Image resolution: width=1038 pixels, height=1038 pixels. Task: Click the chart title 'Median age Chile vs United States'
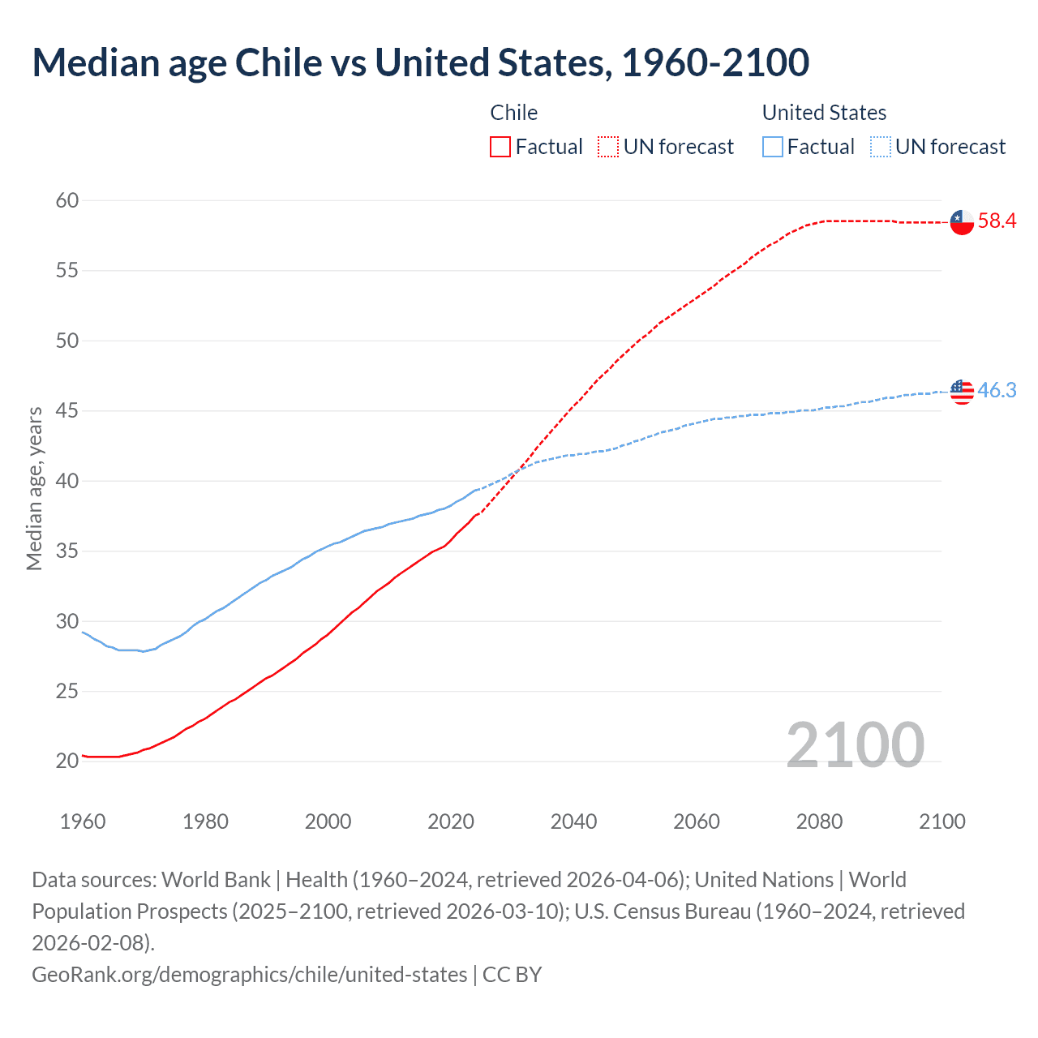(420, 63)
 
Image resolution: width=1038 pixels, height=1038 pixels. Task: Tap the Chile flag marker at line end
(962, 221)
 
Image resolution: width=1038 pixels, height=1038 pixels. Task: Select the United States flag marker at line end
(962, 392)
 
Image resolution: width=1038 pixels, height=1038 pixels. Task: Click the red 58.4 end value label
(997, 221)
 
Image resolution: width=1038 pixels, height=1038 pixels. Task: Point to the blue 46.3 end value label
(997, 390)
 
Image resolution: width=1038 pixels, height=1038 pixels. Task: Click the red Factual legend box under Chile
(500, 147)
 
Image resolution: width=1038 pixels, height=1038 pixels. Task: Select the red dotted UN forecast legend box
(608, 147)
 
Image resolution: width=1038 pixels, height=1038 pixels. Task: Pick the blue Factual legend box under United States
(773, 147)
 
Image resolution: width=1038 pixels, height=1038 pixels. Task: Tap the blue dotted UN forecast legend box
(880, 147)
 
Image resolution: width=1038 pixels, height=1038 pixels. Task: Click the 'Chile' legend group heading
(513, 113)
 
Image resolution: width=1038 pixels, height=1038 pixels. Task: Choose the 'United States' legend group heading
(824, 113)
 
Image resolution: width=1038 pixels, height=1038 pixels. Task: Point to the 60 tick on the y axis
(67, 200)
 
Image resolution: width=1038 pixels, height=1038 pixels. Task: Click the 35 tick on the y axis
(67, 551)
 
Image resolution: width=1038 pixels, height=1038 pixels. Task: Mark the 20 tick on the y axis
(67, 761)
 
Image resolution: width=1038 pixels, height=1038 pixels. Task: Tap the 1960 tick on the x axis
(83, 821)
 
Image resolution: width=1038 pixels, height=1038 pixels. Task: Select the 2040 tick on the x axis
(573, 821)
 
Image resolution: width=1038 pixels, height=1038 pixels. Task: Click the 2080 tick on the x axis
(819, 821)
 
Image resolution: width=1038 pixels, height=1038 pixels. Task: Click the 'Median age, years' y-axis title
(34, 489)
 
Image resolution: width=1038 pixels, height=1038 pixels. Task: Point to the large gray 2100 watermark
(855, 745)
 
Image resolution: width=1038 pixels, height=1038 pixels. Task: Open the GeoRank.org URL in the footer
(249, 974)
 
